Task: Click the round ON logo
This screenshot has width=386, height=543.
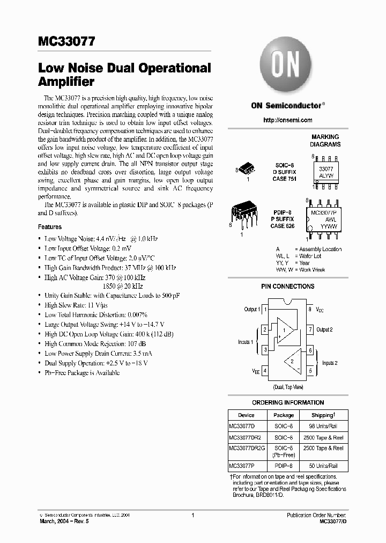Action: pyautogui.click(x=286, y=64)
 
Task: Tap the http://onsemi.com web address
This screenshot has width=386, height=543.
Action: pyautogui.click(x=287, y=120)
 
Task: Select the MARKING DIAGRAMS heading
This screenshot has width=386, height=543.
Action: pyautogui.click(x=325, y=141)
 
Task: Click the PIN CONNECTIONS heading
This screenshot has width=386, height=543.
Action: pyautogui.click(x=287, y=287)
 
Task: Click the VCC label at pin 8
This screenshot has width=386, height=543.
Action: pyautogui.click(x=320, y=310)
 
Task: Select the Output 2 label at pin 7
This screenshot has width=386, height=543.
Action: pyautogui.click(x=324, y=329)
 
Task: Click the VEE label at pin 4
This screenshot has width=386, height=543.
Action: pyautogui.click(x=256, y=370)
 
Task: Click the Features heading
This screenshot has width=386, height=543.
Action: pyautogui.click(x=50, y=227)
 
